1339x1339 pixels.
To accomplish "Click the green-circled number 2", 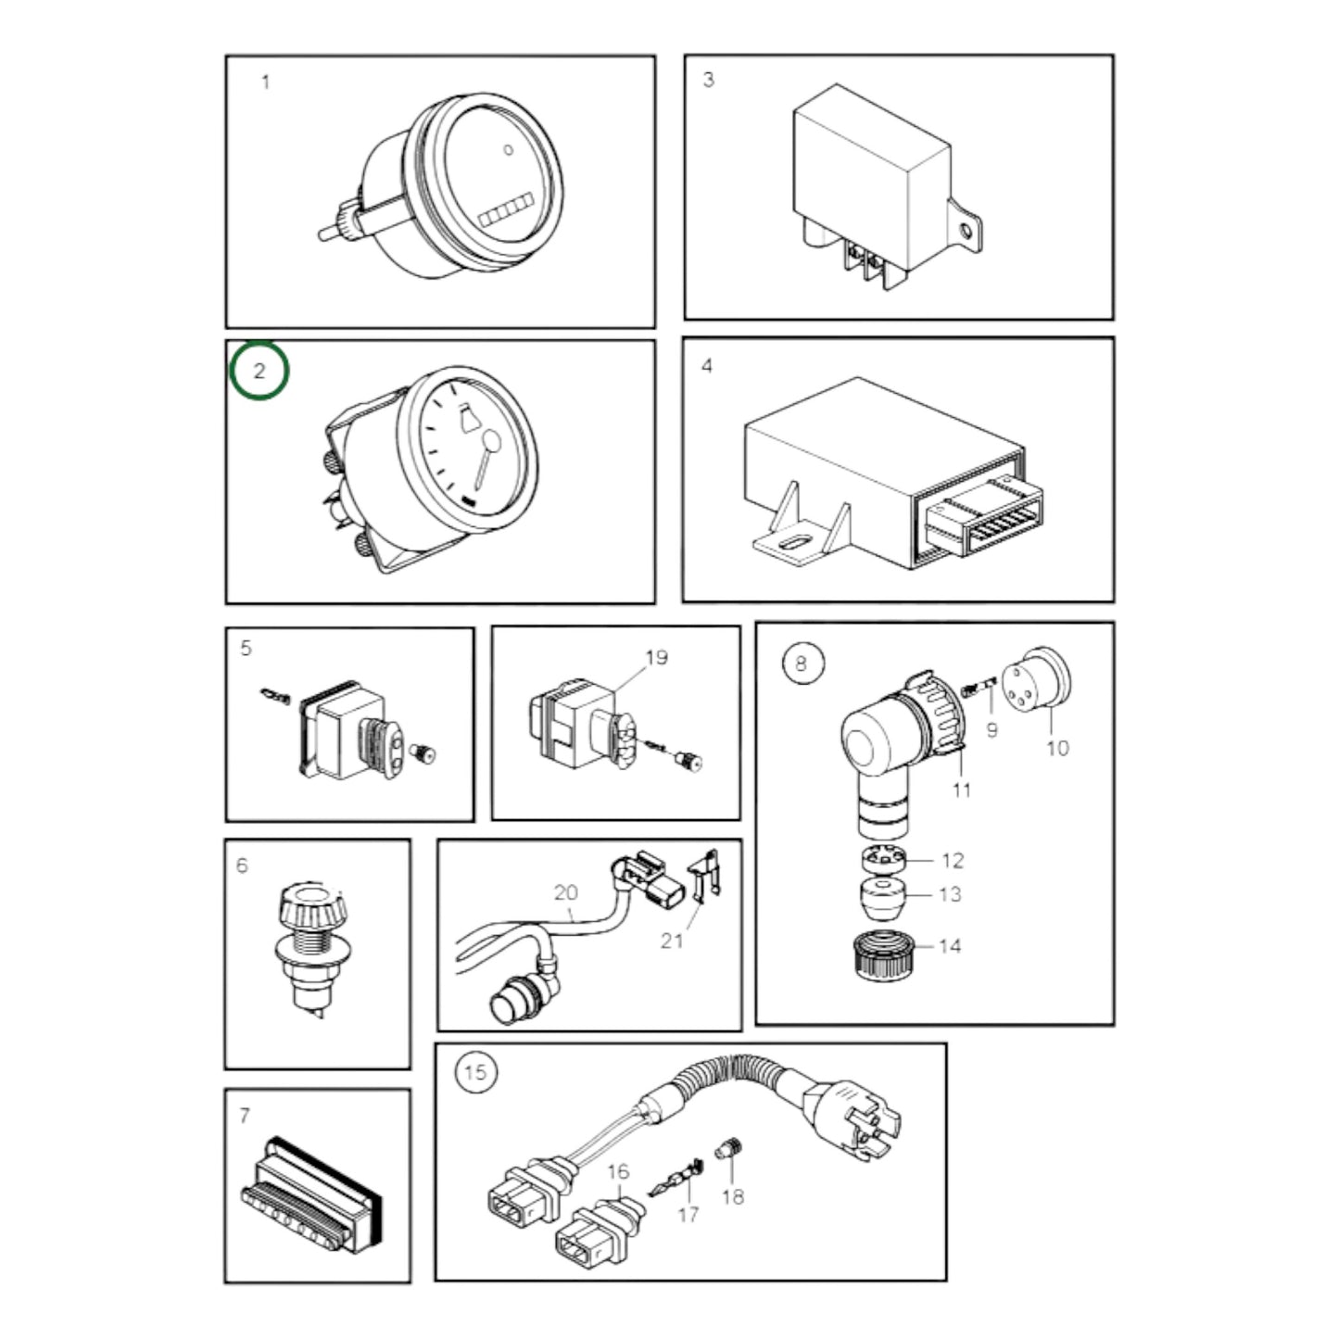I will click(x=259, y=371).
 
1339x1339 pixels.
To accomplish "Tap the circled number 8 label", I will click(x=802, y=663).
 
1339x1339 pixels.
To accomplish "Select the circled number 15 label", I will click(x=474, y=1072).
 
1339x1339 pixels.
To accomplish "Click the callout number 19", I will click(x=656, y=657).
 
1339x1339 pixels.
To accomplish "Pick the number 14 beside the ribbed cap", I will click(x=950, y=945).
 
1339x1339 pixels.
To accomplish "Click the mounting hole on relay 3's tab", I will click(x=966, y=229).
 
